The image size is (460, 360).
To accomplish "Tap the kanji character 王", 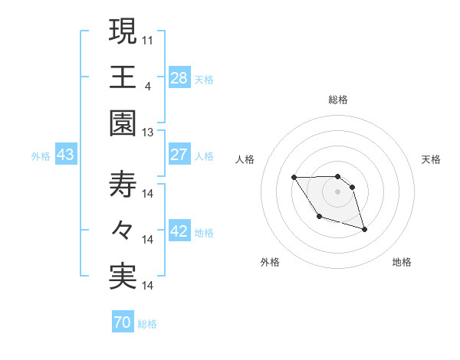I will click(x=123, y=77).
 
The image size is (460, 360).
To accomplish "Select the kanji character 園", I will click(x=123, y=123).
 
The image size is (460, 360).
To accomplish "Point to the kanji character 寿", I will click(x=123, y=185).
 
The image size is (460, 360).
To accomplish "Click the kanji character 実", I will click(x=123, y=277).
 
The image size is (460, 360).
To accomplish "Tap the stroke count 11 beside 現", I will click(x=148, y=38).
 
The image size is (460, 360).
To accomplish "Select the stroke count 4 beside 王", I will click(x=147, y=85).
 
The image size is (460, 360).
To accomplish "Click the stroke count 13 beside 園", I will click(x=148, y=132).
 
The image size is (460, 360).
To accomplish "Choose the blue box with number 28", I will click(x=179, y=77).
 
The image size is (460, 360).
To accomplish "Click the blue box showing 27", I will click(x=179, y=155).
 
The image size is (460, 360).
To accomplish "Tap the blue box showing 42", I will click(x=179, y=232).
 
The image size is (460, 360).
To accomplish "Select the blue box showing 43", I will click(x=66, y=155).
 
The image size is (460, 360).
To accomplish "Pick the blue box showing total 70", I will click(x=122, y=322).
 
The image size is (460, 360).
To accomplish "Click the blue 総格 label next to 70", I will click(x=147, y=324).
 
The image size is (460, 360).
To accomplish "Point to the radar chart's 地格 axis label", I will click(x=402, y=263).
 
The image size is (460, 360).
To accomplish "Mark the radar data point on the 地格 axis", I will click(x=364, y=230).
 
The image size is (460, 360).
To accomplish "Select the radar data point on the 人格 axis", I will click(x=294, y=178).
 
